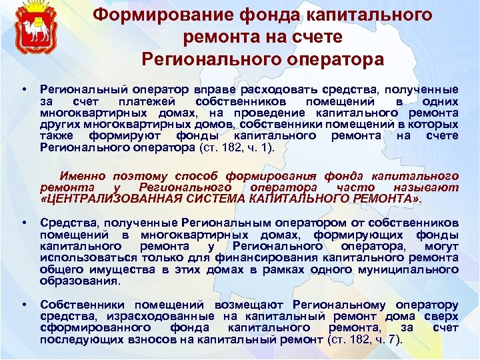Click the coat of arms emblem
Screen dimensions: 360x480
click(x=32, y=30)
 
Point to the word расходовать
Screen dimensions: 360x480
click(x=260, y=89)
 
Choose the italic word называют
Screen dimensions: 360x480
click(x=429, y=188)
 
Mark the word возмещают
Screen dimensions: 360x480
click(x=221, y=305)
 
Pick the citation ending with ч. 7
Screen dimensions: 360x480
click(x=368, y=340)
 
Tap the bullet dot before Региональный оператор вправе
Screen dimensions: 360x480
click(x=24, y=89)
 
